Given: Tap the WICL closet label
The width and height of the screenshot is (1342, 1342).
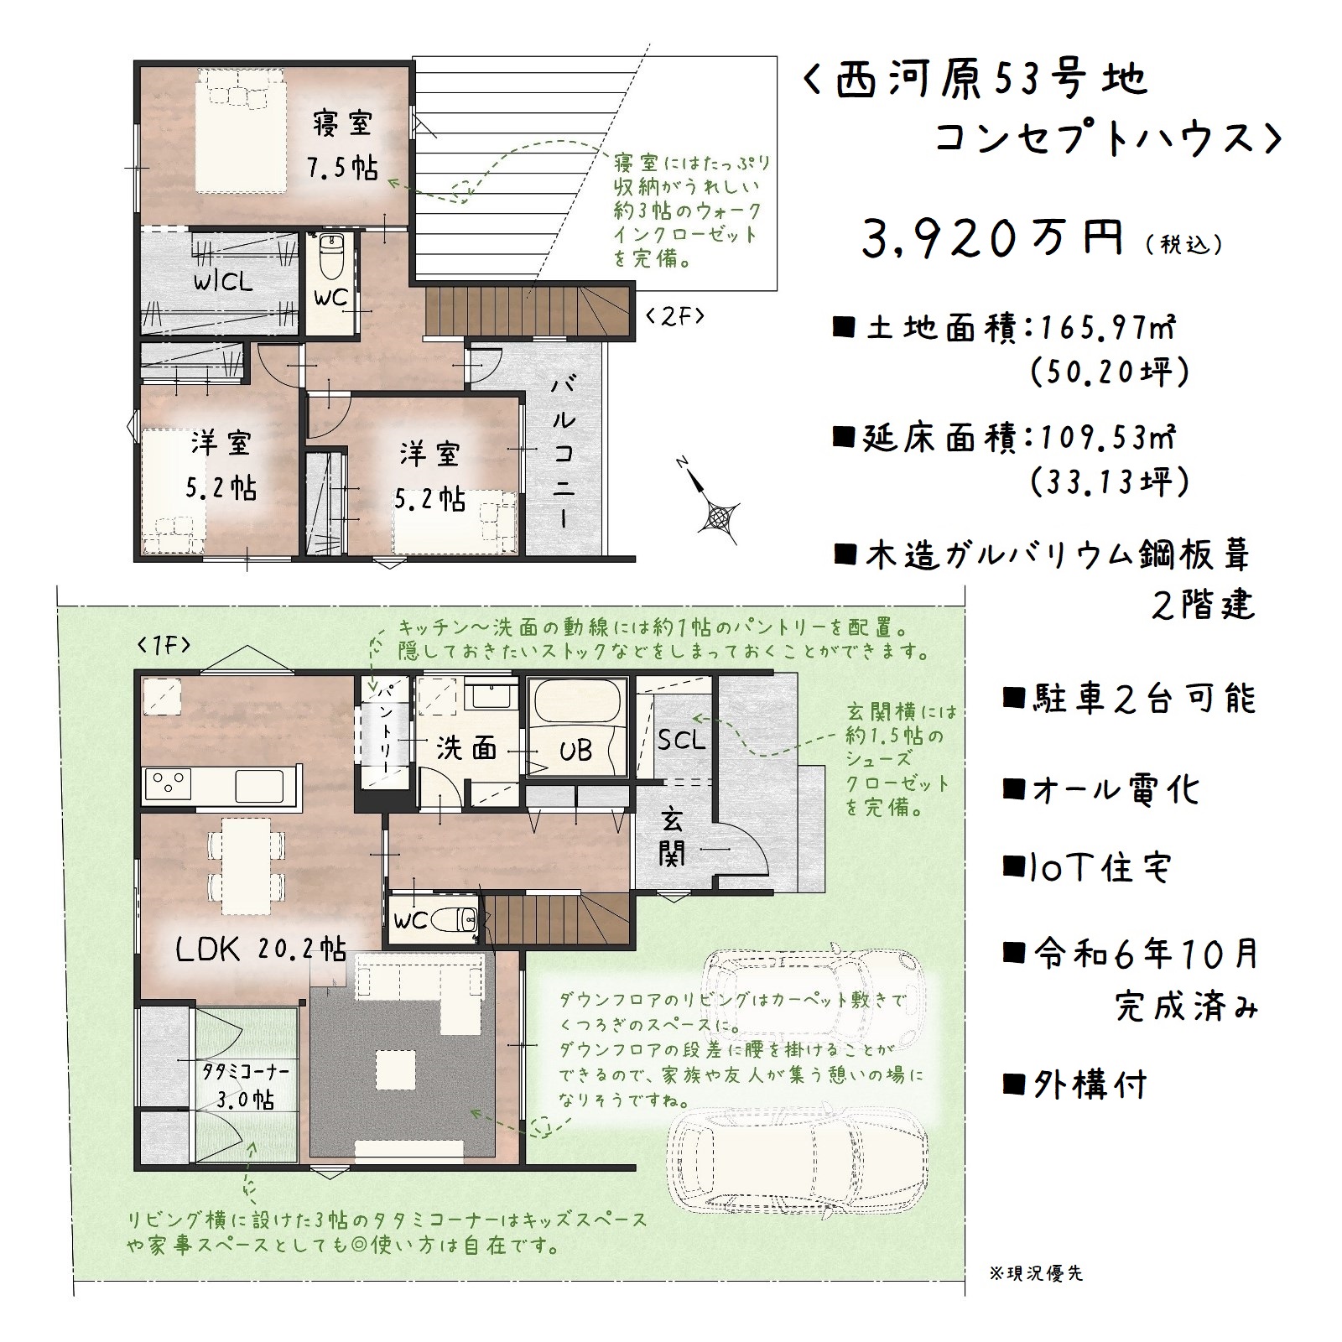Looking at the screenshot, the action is click(223, 281).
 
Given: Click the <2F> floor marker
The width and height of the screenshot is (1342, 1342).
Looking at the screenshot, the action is click(674, 316).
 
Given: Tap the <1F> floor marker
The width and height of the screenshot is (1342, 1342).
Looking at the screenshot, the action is click(164, 645).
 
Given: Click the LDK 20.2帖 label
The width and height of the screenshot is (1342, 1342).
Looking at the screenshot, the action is click(261, 949).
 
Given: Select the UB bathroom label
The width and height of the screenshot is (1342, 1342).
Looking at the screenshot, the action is click(575, 751).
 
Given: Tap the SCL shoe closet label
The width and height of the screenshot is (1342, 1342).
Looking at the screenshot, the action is click(681, 740).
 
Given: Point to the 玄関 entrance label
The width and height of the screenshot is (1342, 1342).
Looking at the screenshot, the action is click(672, 835).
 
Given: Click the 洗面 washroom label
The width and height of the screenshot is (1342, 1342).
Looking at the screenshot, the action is click(466, 747).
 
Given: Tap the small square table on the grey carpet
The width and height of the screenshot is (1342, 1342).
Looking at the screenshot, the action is click(393, 1070).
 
